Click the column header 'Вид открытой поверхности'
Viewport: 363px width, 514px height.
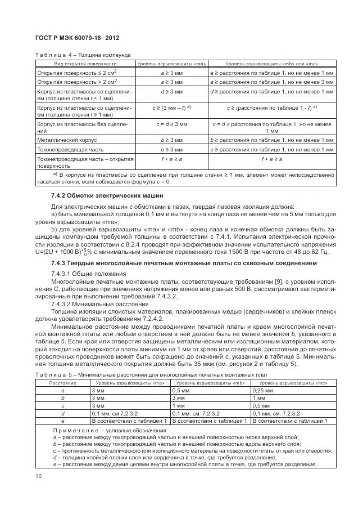(84, 64)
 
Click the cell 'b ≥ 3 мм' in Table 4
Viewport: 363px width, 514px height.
(171, 139)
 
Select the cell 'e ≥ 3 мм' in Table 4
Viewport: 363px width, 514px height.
(171, 150)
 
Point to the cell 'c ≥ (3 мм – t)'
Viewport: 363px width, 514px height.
(171, 107)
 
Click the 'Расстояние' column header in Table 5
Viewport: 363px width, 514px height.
(62, 382)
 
